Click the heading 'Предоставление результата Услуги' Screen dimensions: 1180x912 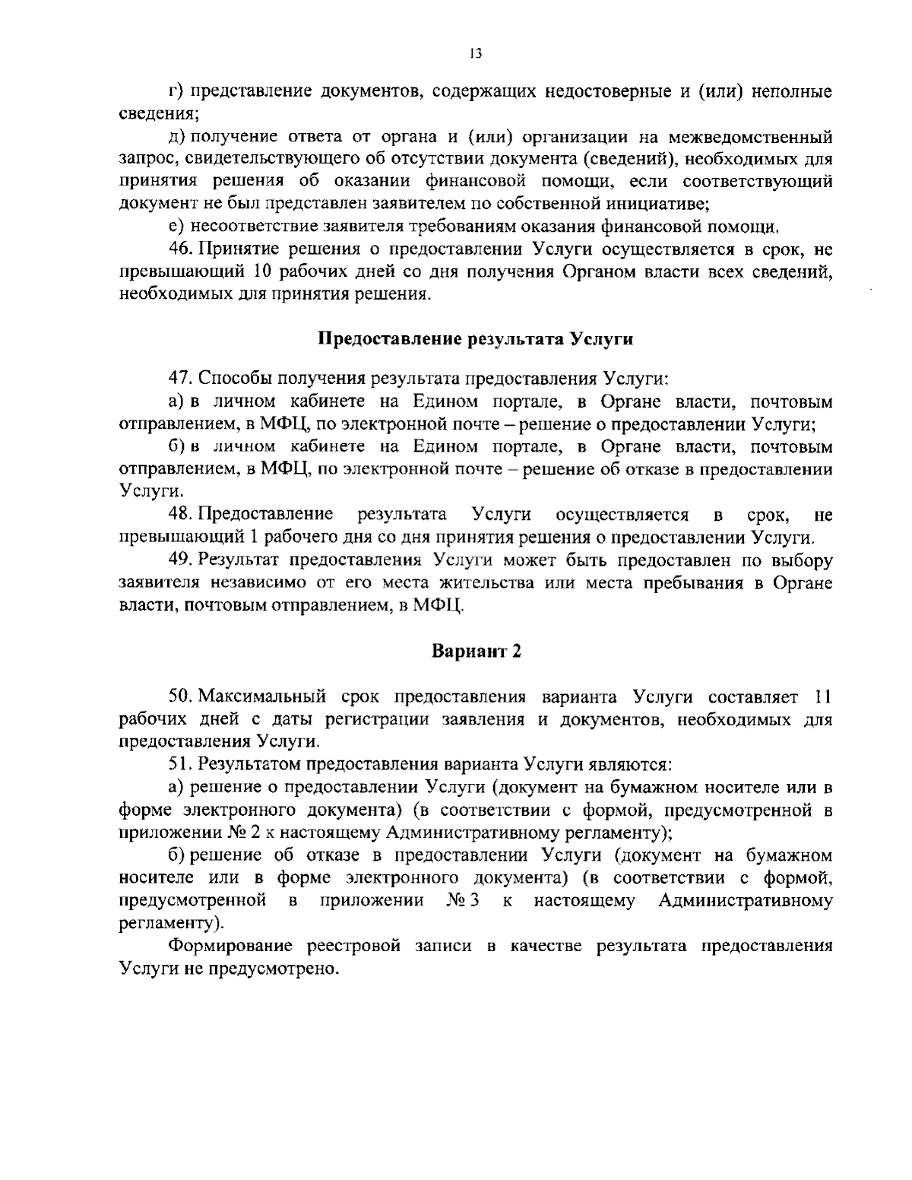pyautogui.click(x=475, y=339)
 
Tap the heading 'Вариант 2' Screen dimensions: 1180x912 pyautogui.click(x=476, y=651)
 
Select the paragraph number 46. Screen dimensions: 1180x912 pyautogui.click(x=181, y=249)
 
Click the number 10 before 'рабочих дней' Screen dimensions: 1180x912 pyautogui.click(x=255, y=271)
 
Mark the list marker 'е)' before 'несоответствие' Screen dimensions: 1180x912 pyautogui.click(x=176, y=227)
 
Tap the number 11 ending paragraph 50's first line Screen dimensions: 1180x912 pyautogui.click(x=823, y=696)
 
